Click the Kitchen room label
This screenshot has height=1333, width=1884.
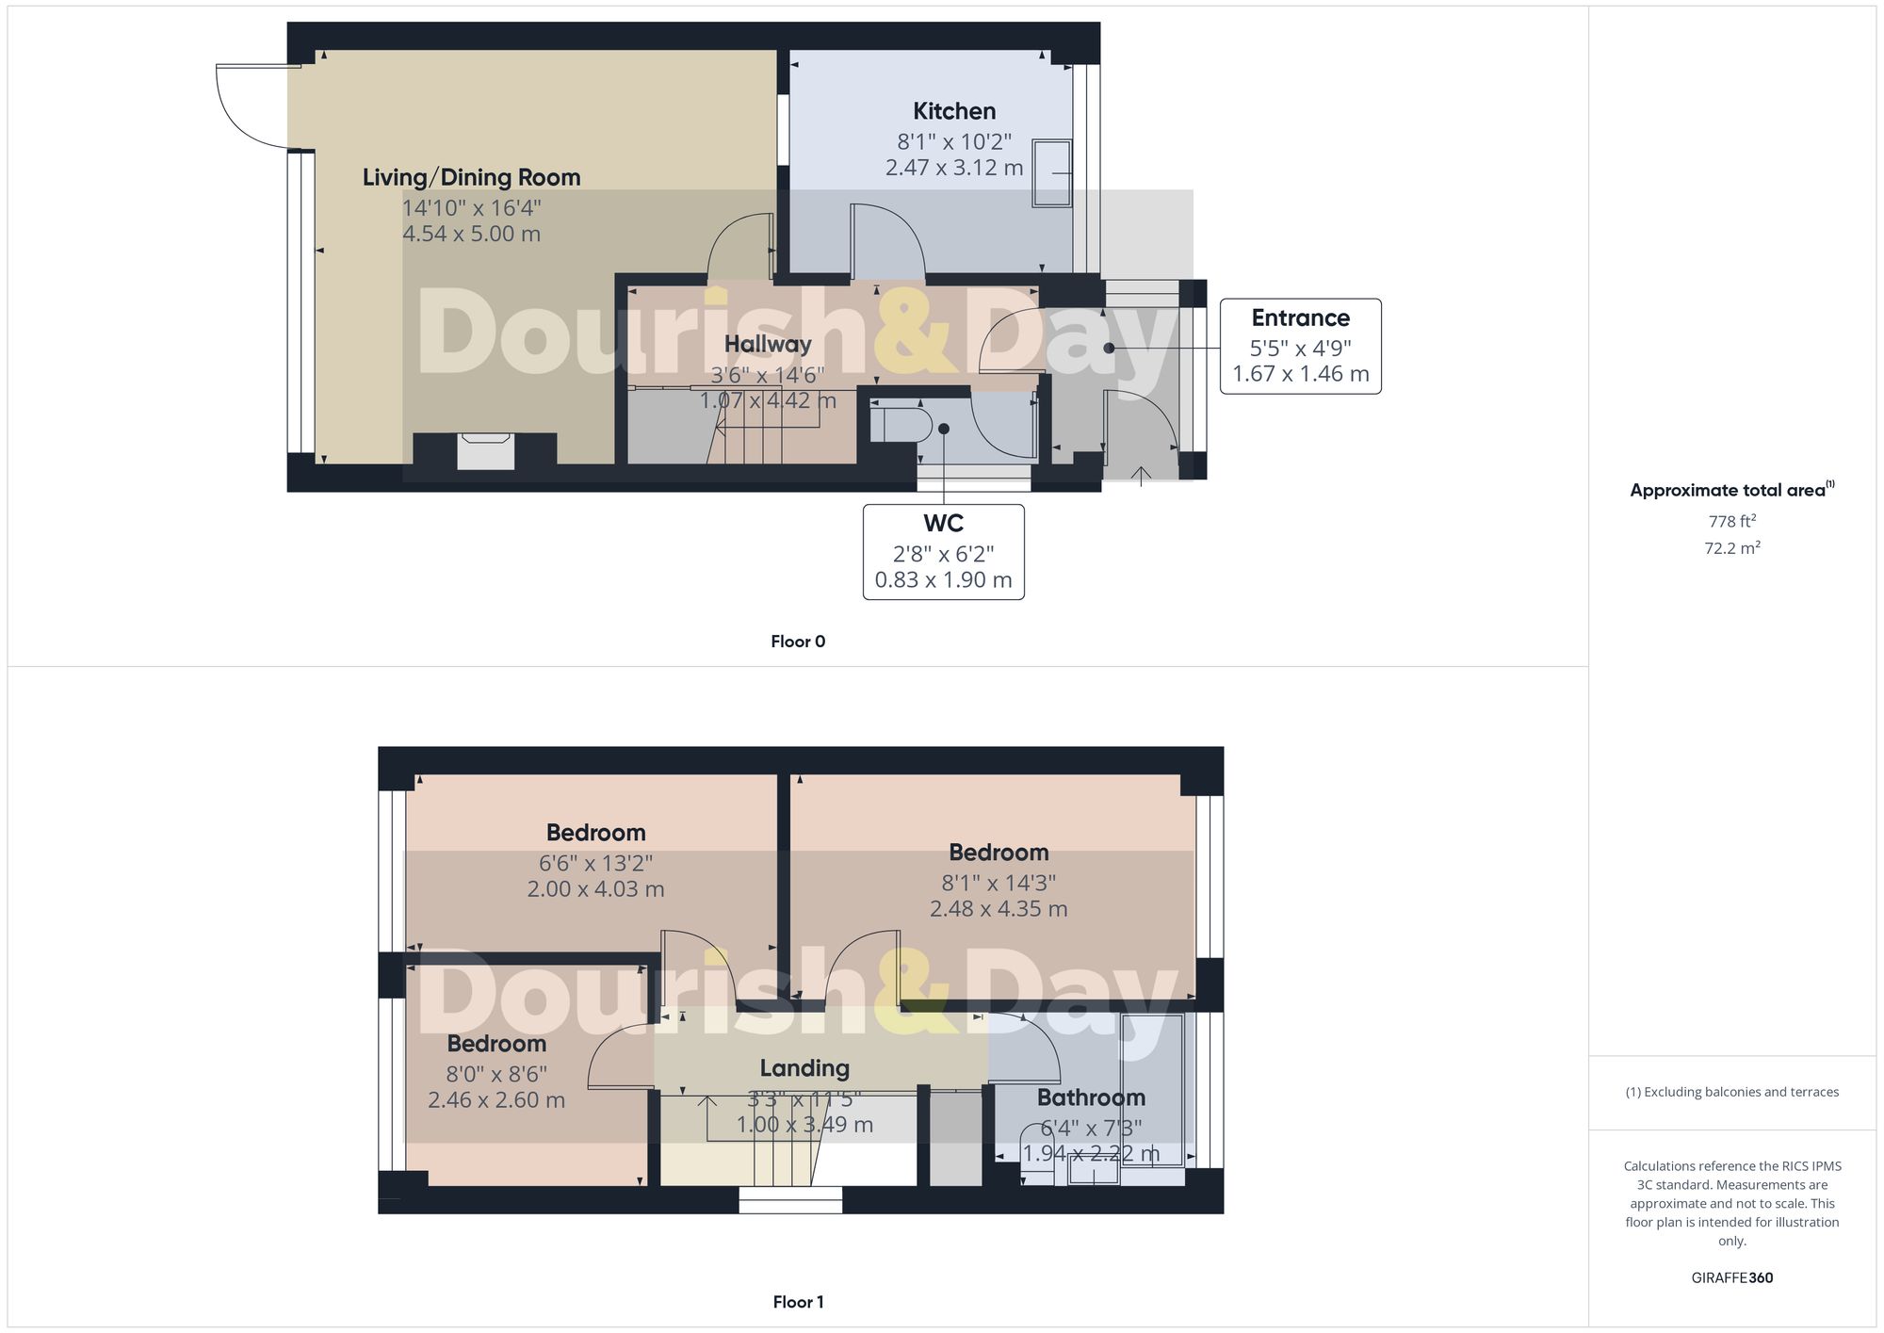[954, 111]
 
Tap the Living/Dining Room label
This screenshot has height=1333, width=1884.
[471, 177]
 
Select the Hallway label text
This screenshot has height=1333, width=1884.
[768, 344]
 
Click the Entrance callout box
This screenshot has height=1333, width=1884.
[1300, 346]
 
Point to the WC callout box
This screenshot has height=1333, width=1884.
[943, 552]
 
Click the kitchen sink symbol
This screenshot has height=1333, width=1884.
[1052, 173]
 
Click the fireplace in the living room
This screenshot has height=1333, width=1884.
[486, 451]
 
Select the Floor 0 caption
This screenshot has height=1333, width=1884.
[798, 642]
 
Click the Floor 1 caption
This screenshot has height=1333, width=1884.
[798, 1302]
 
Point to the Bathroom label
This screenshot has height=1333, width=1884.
[1091, 1097]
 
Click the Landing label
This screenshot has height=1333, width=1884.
[804, 1068]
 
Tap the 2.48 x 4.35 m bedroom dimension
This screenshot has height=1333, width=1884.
[999, 909]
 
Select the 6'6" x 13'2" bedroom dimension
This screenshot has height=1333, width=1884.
[595, 863]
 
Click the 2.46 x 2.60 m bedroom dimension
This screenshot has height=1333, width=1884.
[496, 1100]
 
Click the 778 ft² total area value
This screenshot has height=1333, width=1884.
[1731, 521]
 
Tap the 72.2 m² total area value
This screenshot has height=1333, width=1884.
[1731, 547]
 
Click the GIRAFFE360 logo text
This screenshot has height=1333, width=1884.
[1731, 1277]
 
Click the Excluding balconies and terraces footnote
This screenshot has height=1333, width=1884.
[1731, 1092]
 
